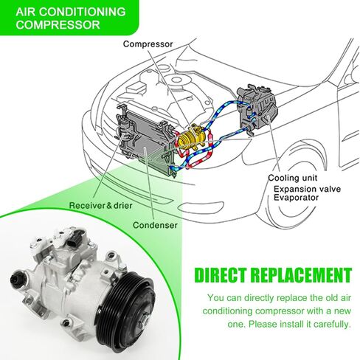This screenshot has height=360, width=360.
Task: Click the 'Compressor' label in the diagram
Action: point(148,44)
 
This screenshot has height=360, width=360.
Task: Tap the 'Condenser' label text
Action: point(155,225)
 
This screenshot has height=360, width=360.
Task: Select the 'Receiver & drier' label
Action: point(101,205)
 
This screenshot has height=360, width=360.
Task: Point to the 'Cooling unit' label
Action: point(292,178)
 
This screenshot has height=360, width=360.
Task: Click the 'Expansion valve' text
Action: point(308,189)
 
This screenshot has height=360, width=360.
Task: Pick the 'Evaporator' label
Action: point(296,198)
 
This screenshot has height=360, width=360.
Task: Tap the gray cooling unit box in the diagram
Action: point(257,108)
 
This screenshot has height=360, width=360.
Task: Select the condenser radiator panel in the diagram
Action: point(146,142)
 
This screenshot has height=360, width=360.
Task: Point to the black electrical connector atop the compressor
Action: point(76,238)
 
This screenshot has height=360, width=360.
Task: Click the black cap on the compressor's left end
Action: point(16,280)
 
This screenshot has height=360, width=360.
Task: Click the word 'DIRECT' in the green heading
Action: point(220,275)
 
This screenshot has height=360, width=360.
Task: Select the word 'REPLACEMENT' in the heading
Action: point(301,275)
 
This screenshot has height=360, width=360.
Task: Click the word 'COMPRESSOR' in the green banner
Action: point(58,25)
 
